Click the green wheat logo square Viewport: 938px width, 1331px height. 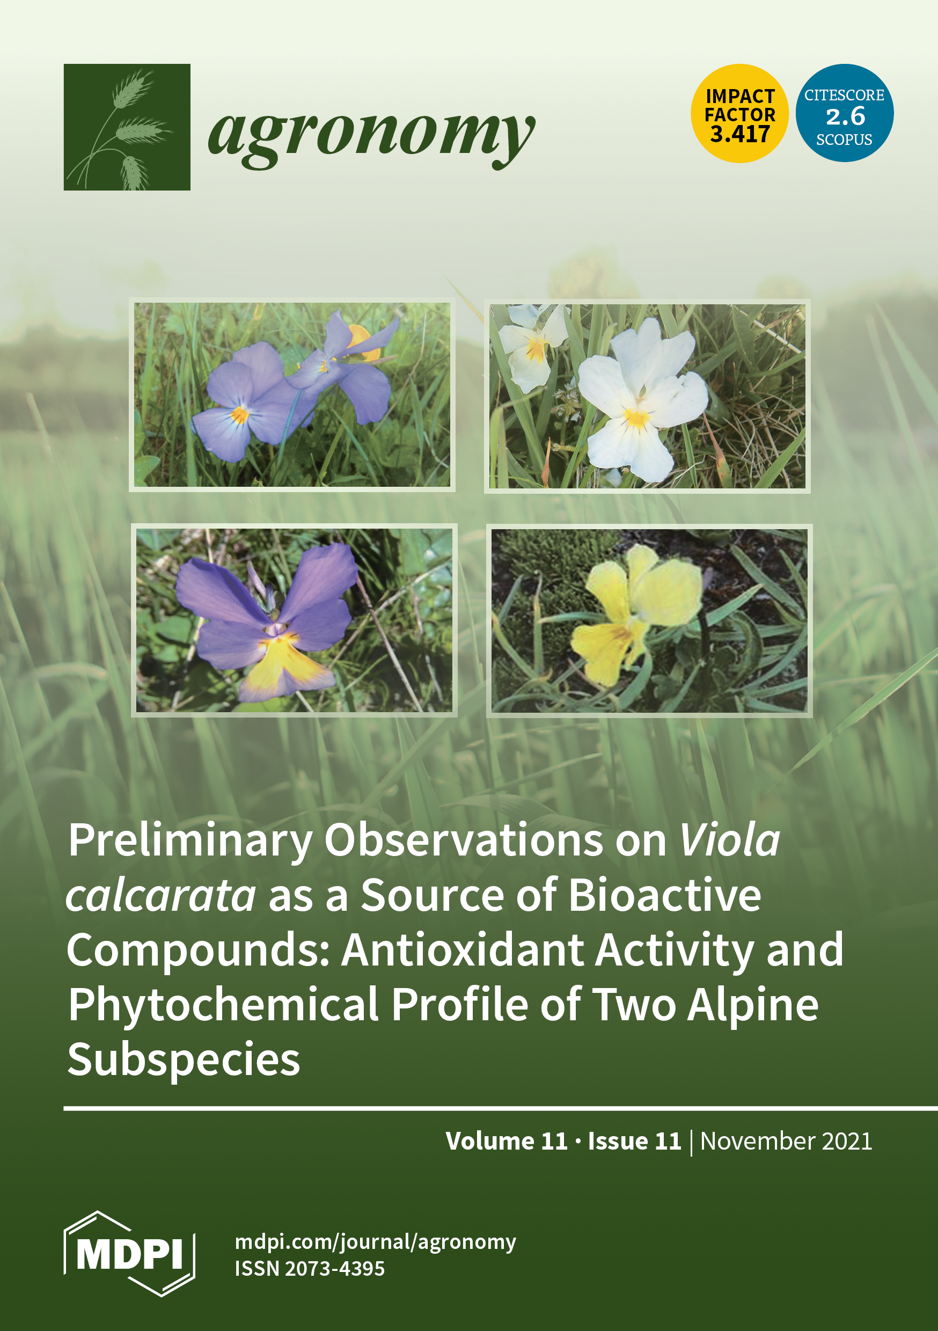coord(127,127)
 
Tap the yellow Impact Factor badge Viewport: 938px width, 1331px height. coord(740,113)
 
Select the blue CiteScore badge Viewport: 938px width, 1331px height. coord(844,113)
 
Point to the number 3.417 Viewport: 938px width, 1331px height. coord(740,135)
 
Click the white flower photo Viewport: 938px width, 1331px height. coord(647,397)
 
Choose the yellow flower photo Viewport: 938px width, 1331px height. coord(649,620)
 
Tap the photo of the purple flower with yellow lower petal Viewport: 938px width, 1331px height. coord(294,620)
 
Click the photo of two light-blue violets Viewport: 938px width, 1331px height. coord(292,395)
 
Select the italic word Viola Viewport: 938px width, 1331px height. coord(729,839)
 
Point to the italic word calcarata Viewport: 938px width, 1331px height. coord(160,895)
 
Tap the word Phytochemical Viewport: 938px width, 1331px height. coord(223,1005)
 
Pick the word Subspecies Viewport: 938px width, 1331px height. coord(184,1061)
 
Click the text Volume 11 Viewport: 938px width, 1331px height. coord(507,1141)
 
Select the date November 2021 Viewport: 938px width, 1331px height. coord(786,1141)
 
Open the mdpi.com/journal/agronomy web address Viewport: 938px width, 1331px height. coord(375,1242)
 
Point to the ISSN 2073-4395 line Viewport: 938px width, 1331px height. coord(310,1269)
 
